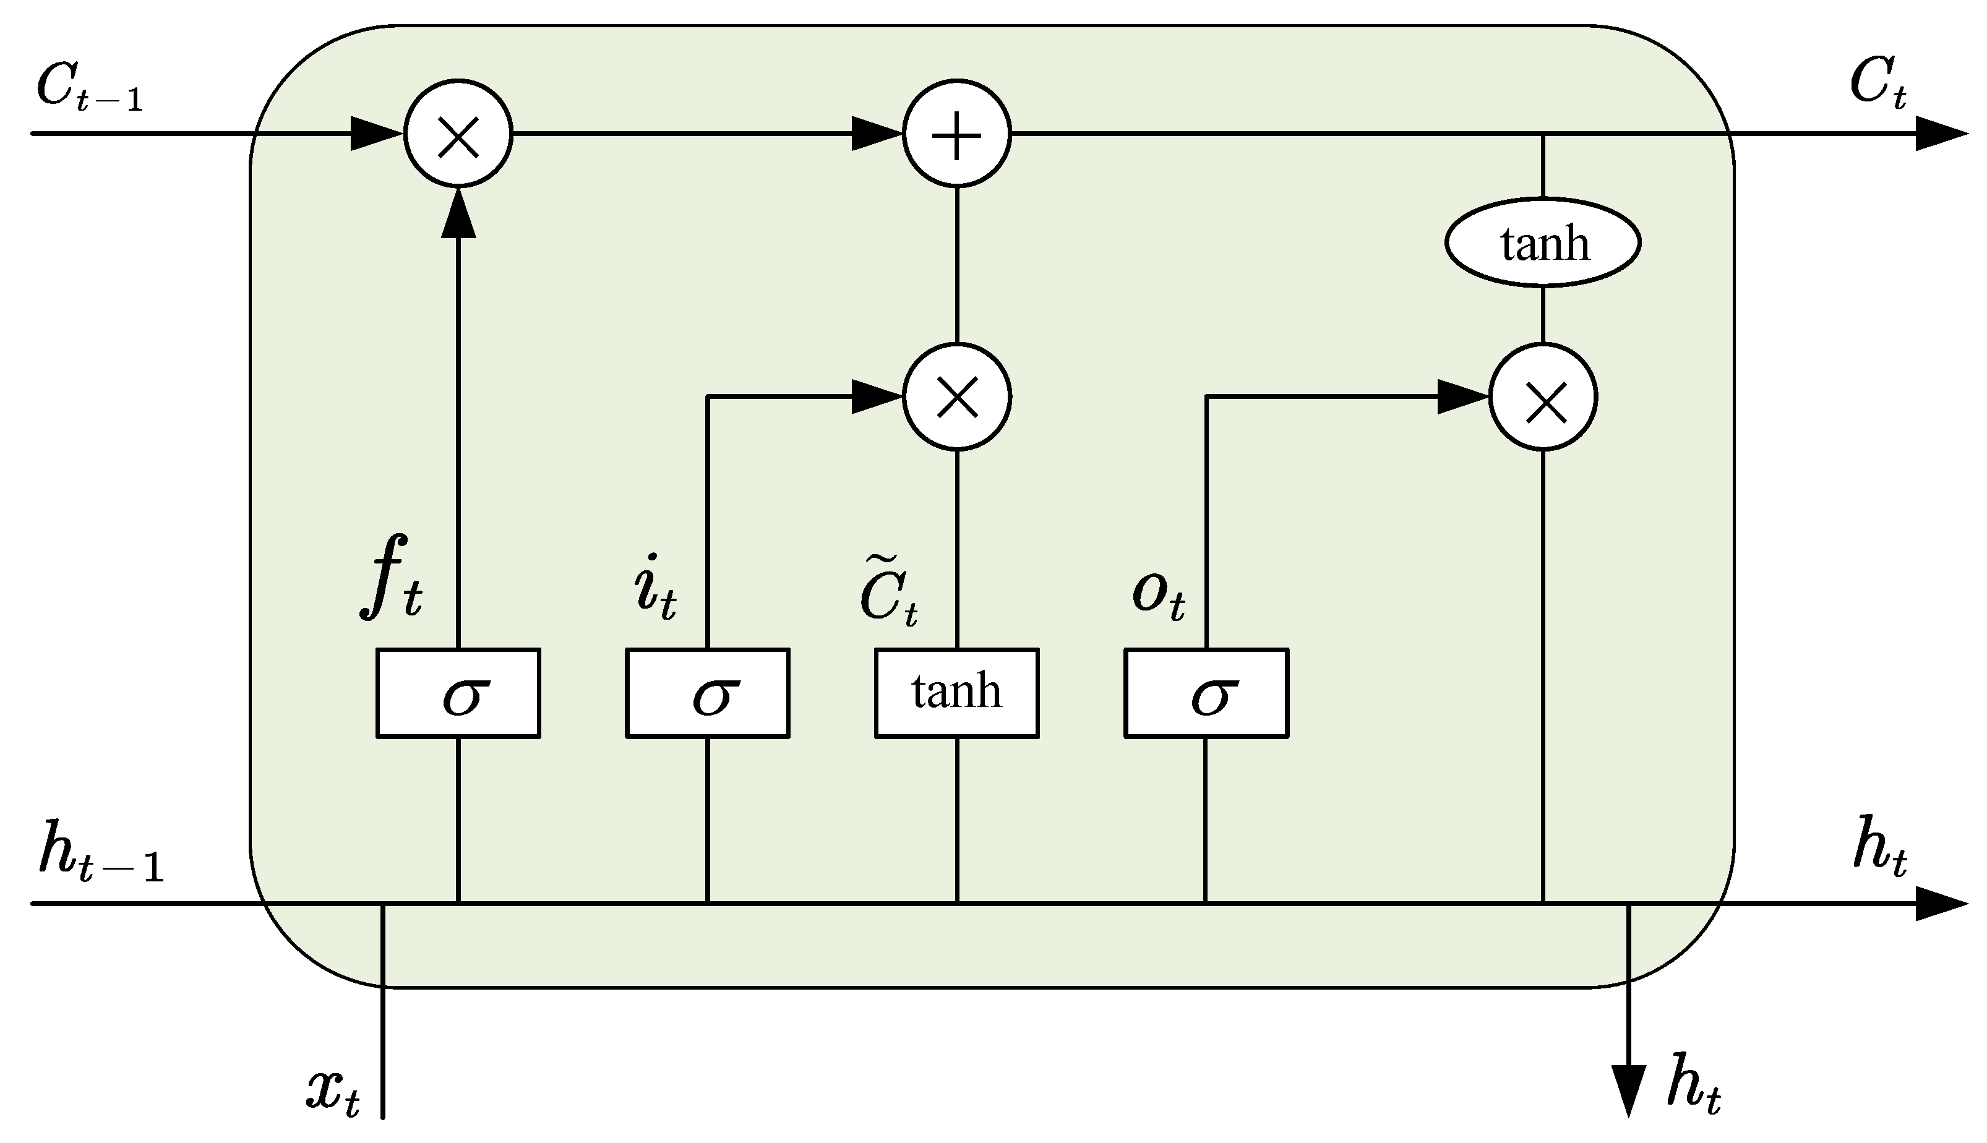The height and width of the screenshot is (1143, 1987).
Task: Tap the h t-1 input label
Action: click(100, 851)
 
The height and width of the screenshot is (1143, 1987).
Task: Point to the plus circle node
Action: click(956, 134)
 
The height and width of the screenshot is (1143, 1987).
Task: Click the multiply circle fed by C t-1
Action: click(458, 134)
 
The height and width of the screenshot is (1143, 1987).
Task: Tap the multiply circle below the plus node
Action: click(956, 397)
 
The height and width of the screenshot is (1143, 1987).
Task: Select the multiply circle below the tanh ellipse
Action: click(1543, 397)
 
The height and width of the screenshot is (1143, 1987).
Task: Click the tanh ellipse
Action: click(1543, 242)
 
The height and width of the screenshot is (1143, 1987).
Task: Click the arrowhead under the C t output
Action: click(1939, 134)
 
